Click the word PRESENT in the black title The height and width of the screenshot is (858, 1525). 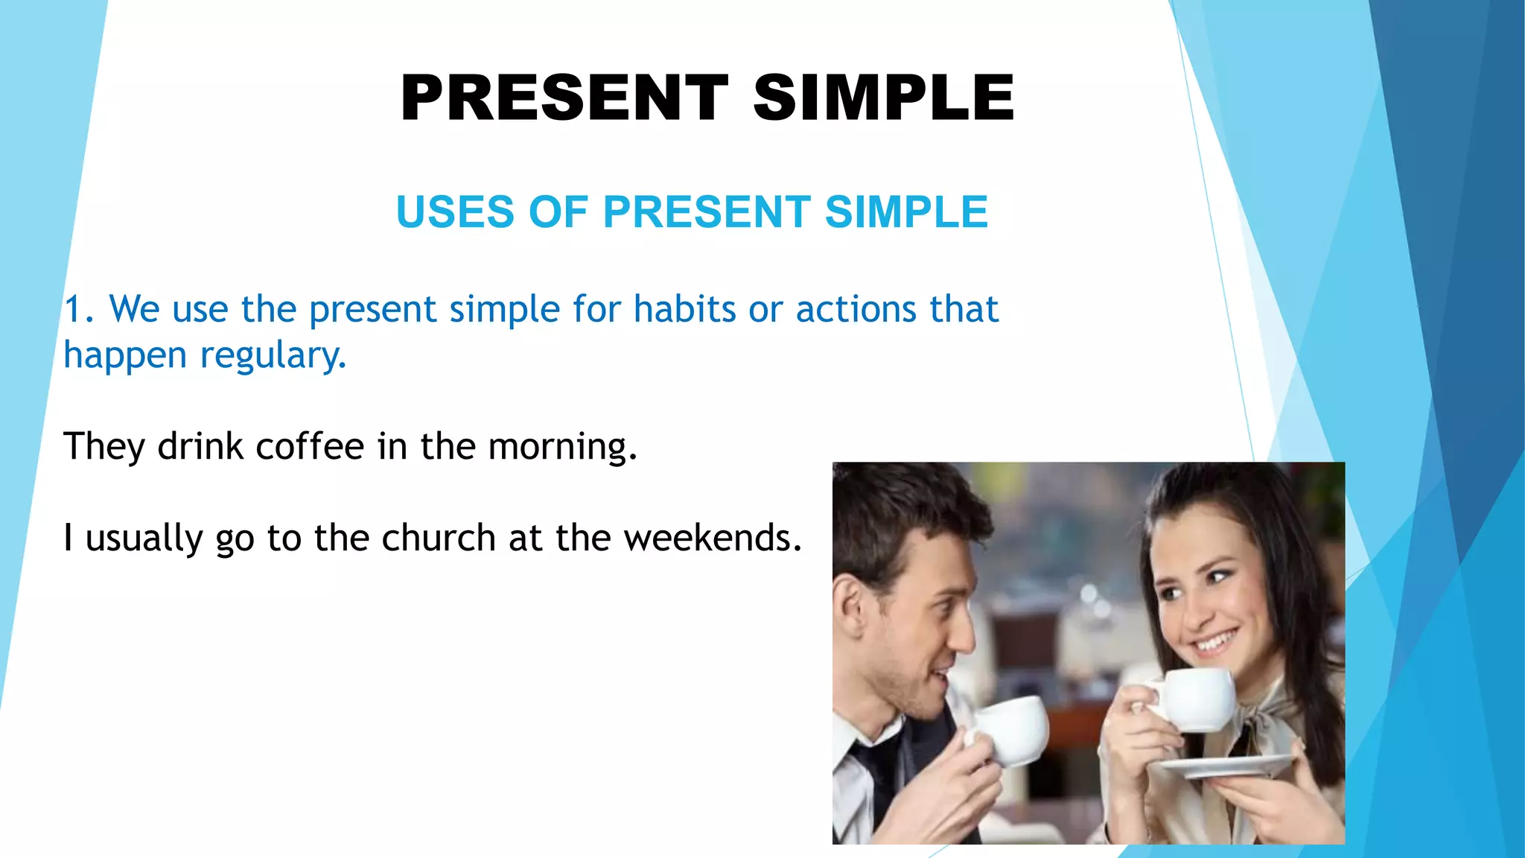click(x=564, y=98)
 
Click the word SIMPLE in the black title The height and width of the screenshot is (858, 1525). click(x=884, y=98)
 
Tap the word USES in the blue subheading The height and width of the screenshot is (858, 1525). click(x=455, y=212)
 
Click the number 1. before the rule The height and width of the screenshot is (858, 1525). click(x=78, y=309)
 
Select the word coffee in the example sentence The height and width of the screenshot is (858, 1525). click(x=310, y=447)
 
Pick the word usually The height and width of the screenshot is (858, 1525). click(x=144, y=538)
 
